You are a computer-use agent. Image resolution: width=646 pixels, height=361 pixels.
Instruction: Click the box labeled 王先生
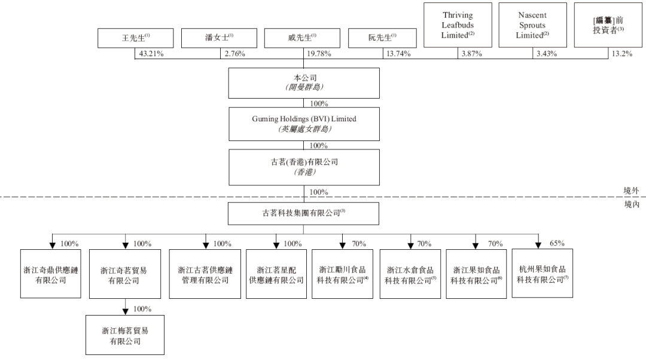(x=136, y=38)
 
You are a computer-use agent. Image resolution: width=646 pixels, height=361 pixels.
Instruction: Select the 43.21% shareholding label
(x=151, y=54)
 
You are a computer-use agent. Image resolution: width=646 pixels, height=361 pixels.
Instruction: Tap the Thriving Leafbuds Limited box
(x=458, y=25)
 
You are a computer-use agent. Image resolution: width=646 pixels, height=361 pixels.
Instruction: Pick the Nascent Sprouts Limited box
(x=533, y=25)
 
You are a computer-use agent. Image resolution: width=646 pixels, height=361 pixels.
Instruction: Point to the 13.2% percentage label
(x=621, y=54)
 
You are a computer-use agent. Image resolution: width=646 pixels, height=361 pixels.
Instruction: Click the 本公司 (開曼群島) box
(x=304, y=82)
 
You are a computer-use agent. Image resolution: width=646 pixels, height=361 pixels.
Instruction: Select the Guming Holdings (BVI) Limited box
(x=304, y=124)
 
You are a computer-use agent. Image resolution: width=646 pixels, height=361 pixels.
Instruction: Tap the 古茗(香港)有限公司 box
(x=304, y=167)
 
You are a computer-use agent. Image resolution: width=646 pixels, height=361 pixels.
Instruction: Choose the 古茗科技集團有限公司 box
(x=304, y=213)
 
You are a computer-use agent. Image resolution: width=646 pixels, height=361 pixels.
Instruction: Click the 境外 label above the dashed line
(x=631, y=191)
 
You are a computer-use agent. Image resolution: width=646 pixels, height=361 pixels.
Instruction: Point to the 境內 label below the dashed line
(x=632, y=204)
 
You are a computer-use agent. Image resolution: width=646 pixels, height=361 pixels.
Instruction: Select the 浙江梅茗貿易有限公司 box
(x=125, y=335)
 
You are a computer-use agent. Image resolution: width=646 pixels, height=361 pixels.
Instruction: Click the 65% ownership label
(x=557, y=243)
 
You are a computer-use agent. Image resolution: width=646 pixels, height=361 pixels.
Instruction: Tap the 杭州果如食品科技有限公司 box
(x=542, y=273)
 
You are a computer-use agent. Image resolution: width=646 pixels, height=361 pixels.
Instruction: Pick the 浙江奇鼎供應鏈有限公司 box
(x=51, y=273)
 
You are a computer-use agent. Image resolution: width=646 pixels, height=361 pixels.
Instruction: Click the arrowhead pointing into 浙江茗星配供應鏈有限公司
(x=276, y=246)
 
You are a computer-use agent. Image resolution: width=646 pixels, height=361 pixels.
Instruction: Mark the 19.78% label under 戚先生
(x=319, y=54)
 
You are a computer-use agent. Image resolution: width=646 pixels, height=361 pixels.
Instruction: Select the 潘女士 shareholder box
(x=219, y=38)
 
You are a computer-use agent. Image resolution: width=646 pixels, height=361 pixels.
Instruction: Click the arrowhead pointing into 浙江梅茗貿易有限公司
(x=126, y=311)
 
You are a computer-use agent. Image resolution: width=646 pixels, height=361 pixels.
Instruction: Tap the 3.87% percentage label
(x=472, y=54)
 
